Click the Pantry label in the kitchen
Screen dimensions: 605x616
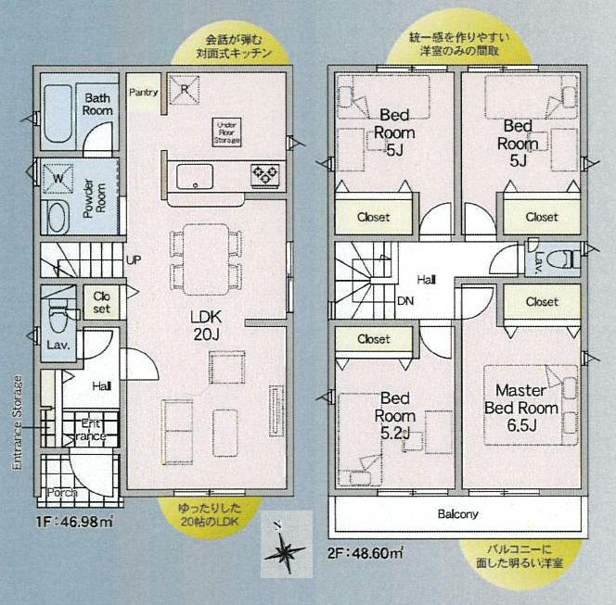tap(144, 92)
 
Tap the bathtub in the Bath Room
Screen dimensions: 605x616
tap(58, 114)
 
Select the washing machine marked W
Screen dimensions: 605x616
tap(58, 176)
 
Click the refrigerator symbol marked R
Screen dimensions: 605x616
tap(186, 91)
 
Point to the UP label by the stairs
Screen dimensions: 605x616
tap(134, 260)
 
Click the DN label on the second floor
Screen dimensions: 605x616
tap(405, 301)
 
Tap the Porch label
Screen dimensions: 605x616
tap(61, 493)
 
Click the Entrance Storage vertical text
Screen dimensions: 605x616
tap(18, 422)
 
